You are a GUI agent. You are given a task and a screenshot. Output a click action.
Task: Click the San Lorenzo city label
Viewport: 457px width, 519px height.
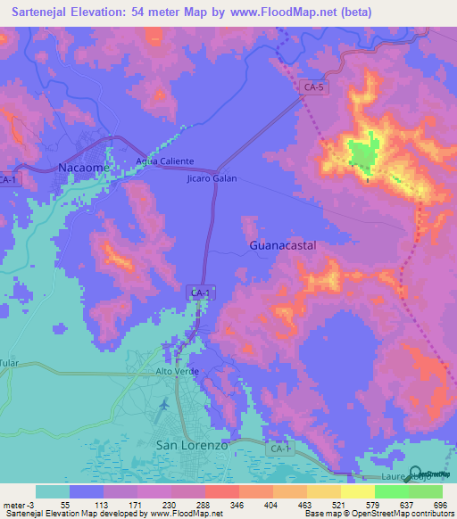tap(193, 443)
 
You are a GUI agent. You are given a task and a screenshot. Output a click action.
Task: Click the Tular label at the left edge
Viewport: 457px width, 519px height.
tap(9, 364)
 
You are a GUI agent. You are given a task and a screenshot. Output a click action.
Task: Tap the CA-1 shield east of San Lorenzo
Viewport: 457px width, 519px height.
tap(280, 448)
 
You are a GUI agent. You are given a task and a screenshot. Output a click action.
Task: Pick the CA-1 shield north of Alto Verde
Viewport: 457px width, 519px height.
tap(200, 292)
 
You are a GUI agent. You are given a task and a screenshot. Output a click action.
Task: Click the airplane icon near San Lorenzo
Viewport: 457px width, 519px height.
tap(163, 406)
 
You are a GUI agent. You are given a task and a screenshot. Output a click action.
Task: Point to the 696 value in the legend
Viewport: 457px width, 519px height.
tap(438, 505)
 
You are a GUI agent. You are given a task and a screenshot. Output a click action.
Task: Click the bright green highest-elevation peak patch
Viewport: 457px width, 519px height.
tap(361, 153)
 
